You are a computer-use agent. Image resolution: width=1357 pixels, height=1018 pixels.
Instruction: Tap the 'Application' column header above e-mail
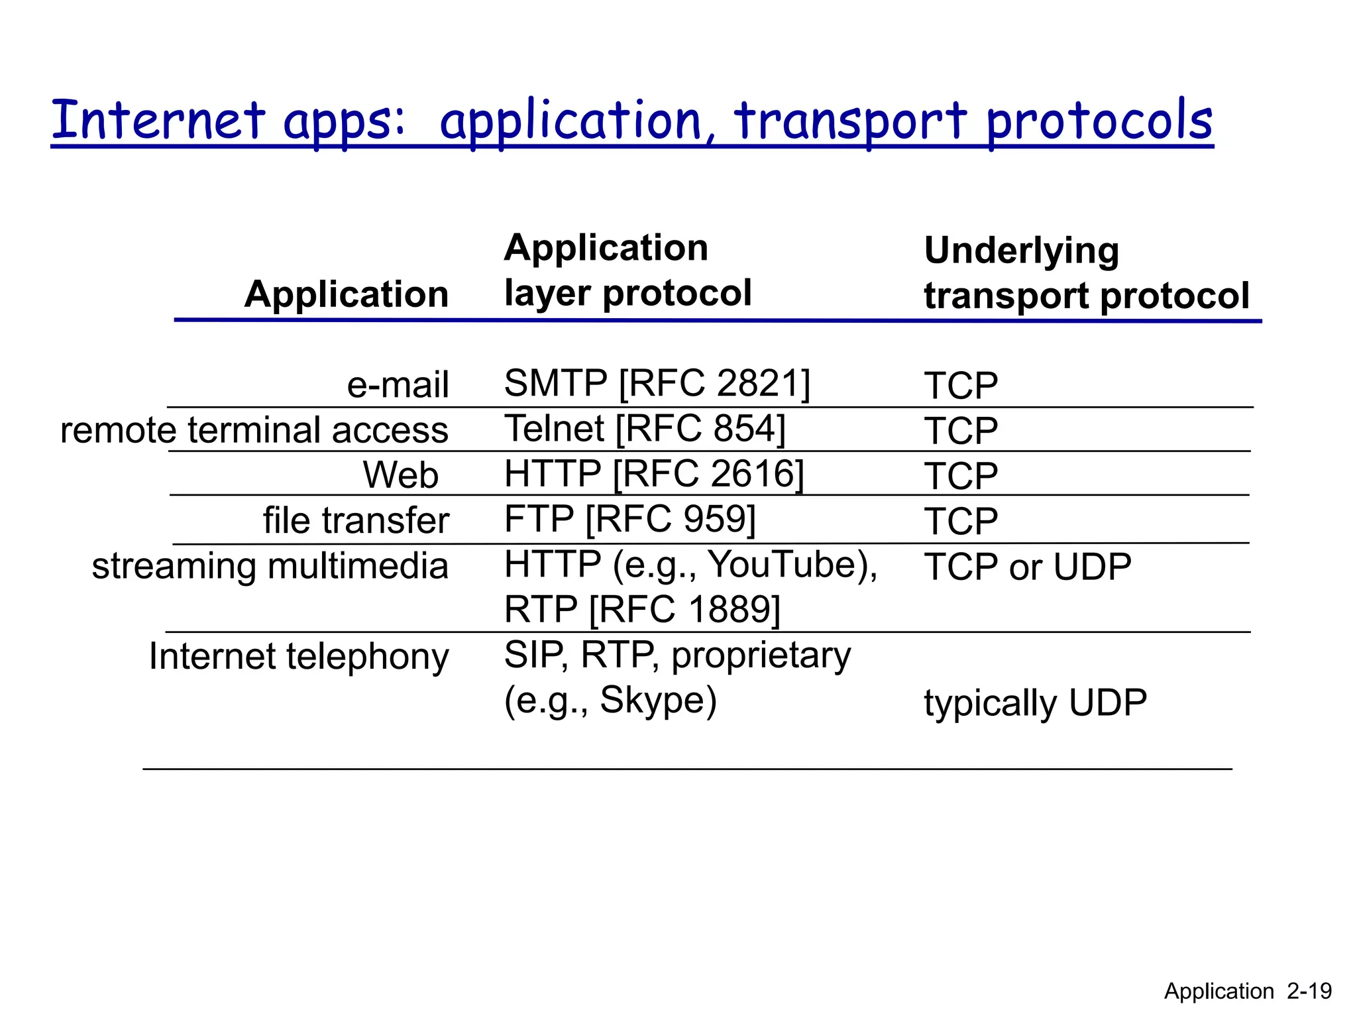click(346, 294)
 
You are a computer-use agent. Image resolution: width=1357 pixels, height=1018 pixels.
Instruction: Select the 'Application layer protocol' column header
click(627, 270)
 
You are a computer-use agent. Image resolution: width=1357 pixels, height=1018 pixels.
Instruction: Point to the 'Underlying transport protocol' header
click(1085, 272)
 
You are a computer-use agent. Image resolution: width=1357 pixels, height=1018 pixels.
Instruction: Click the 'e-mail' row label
click(398, 385)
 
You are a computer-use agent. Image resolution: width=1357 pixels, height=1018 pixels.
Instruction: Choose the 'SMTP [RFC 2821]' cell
click(657, 383)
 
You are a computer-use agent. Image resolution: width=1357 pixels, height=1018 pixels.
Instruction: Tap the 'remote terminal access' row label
click(254, 430)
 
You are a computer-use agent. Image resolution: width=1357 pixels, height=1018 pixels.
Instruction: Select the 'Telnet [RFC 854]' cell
click(644, 429)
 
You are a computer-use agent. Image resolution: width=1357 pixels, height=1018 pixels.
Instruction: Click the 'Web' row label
click(400, 475)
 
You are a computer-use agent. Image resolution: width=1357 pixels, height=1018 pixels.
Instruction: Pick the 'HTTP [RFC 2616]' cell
click(653, 474)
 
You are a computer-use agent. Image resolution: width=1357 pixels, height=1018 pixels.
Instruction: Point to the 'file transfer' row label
click(356, 520)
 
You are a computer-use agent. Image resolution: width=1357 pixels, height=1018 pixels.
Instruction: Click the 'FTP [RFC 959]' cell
click(629, 519)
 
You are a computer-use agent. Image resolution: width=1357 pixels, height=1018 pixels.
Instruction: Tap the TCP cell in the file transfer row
click(960, 522)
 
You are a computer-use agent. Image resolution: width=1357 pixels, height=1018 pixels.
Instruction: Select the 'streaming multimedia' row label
click(270, 567)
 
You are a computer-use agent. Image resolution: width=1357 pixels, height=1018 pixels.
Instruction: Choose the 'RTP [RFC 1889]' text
click(641, 610)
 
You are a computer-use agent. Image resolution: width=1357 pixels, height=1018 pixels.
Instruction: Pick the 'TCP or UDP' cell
click(1027, 567)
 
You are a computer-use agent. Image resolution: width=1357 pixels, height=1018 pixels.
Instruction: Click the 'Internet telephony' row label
click(299, 657)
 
